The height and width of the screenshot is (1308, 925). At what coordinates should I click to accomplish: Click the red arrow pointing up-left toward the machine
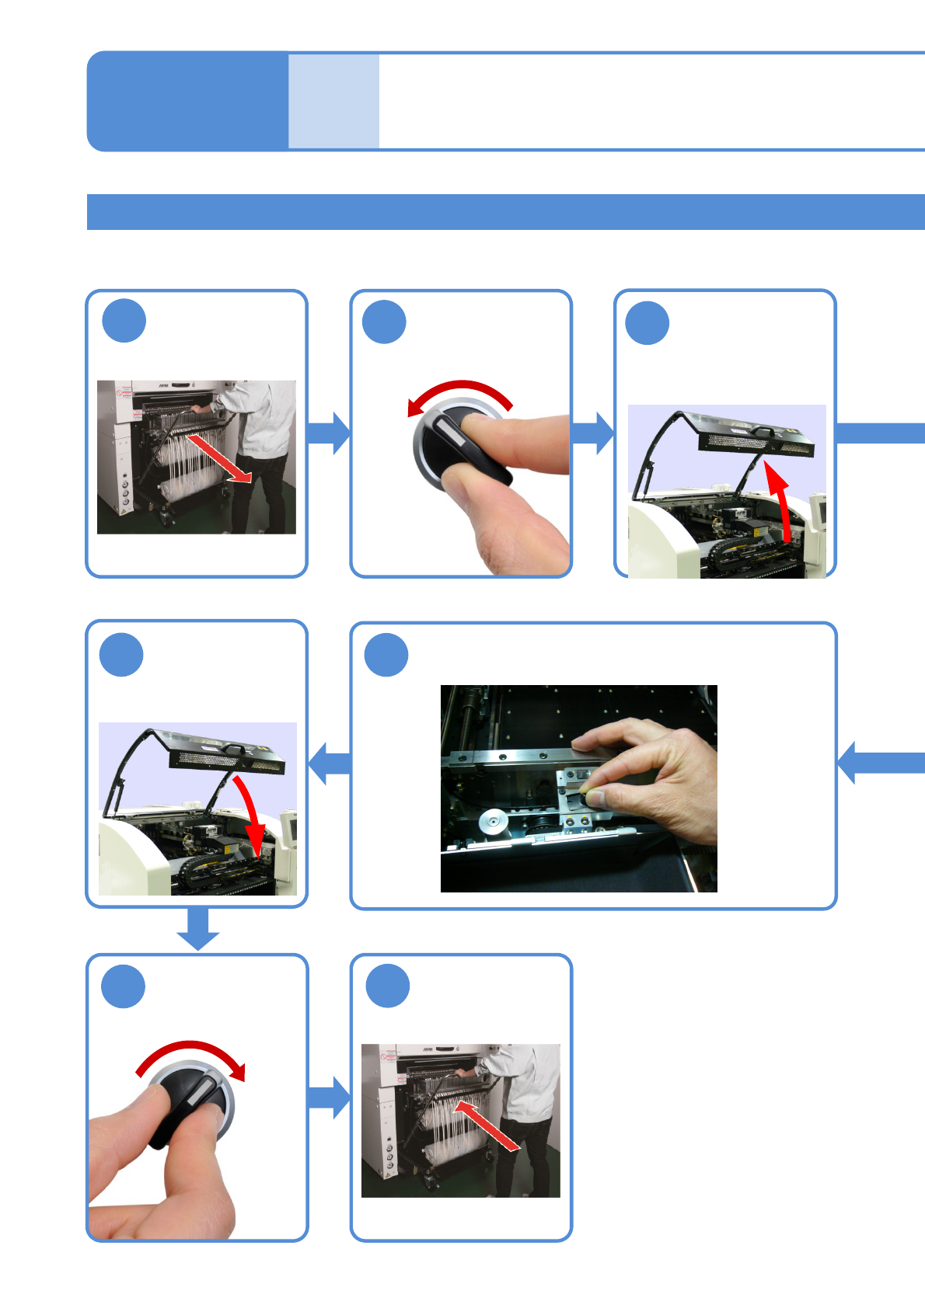pyautogui.click(x=486, y=1123)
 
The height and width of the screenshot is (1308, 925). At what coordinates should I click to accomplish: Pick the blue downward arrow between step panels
pyautogui.click(x=198, y=929)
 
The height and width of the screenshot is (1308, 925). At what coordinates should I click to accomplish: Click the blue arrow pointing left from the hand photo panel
pyautogui.click(x=330, y=763)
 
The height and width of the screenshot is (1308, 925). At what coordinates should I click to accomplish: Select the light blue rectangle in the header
pyautogui.click(x=333, y=101)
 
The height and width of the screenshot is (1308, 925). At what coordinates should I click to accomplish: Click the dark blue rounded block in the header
pyautogui.click(x=187, y=101)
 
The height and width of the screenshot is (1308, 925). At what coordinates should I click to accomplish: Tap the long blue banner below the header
pyautogui.click(x=505, y=212)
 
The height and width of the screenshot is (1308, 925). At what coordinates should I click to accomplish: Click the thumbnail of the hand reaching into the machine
pyautogui.click(x=578, y=788)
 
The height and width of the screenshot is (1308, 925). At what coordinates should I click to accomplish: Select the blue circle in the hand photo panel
pyautogui.click(x=386, y=655)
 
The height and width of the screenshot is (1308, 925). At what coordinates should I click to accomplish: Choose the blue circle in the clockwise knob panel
pyautogui.click(x=124, y=986)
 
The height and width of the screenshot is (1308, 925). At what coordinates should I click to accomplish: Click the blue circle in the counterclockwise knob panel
pyautogui.click(x=385, y=322)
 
